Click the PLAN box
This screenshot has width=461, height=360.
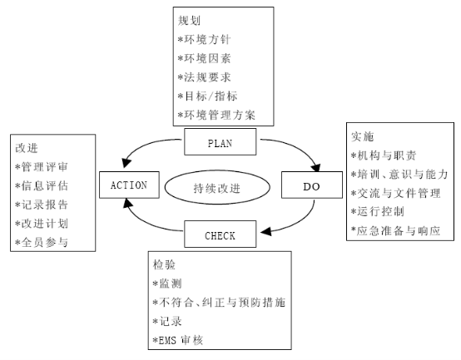(x=220, y=141)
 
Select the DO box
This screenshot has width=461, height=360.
(x=312, y=185)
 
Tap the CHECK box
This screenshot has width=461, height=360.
(x=220, y=234)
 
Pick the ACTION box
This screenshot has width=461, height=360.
(x=129, y=185)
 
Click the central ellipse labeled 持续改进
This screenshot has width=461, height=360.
(x=217, y=187)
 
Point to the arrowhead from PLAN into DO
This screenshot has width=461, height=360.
(x=316, y=167)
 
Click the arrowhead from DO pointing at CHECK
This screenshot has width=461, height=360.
(x=265, y=232)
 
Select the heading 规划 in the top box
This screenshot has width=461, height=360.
(x=189, y=21)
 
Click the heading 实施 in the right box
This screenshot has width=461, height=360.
(x=363, y=136)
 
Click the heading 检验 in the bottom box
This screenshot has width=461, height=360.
(x=164, y=265)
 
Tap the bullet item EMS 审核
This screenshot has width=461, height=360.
(x=178, y=340)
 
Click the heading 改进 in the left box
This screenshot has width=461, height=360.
(x=27, y=148)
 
